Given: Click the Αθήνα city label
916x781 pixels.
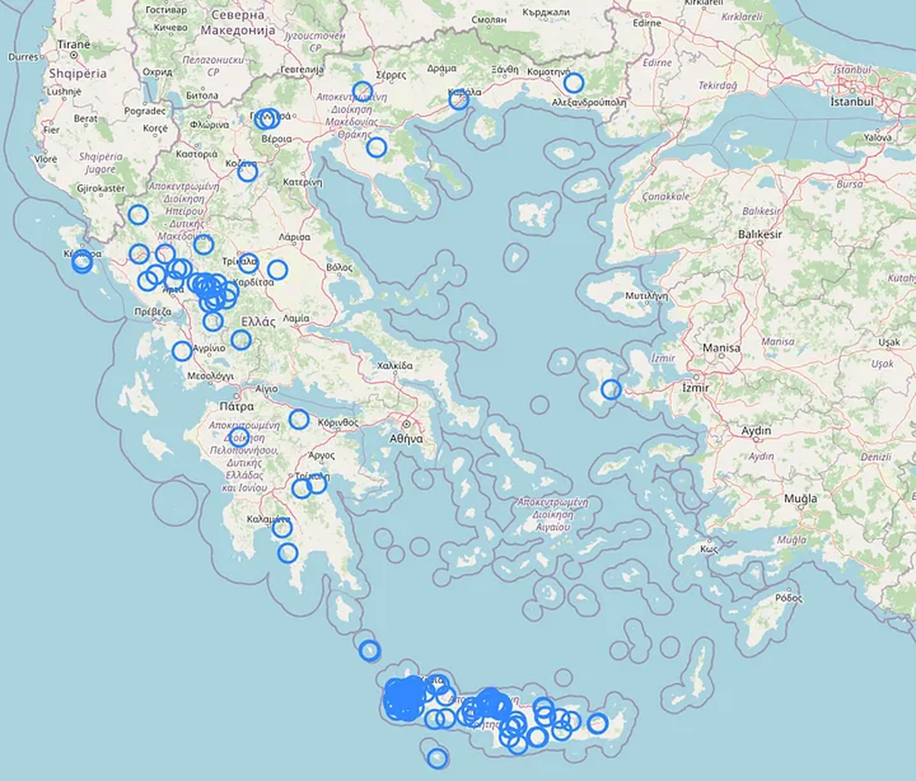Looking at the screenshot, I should coord(406,439).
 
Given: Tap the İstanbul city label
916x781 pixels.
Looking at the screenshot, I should coord(852,102).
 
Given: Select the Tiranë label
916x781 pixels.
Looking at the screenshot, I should coord(74,45).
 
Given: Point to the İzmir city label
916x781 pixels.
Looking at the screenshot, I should coord(696,388).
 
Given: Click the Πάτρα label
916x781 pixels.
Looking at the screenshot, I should coord(237,406).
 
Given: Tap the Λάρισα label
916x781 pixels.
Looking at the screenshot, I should coord(294,237).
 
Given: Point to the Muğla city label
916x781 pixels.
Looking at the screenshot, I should coord(801,499).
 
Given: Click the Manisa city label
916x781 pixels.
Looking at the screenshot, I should coord(721,348).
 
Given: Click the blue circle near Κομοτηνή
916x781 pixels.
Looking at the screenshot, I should coord(573,83).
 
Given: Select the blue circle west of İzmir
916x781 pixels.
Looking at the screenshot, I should coord(611,389).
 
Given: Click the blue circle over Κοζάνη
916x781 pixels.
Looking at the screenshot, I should coord(247,172).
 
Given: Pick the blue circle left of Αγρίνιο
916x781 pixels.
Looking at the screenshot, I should coord(182,351).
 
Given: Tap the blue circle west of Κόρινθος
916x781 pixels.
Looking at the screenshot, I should coord(299,419).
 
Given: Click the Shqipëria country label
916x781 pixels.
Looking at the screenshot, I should coord(78,73).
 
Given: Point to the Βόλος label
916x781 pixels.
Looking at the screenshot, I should coord(340,267).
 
